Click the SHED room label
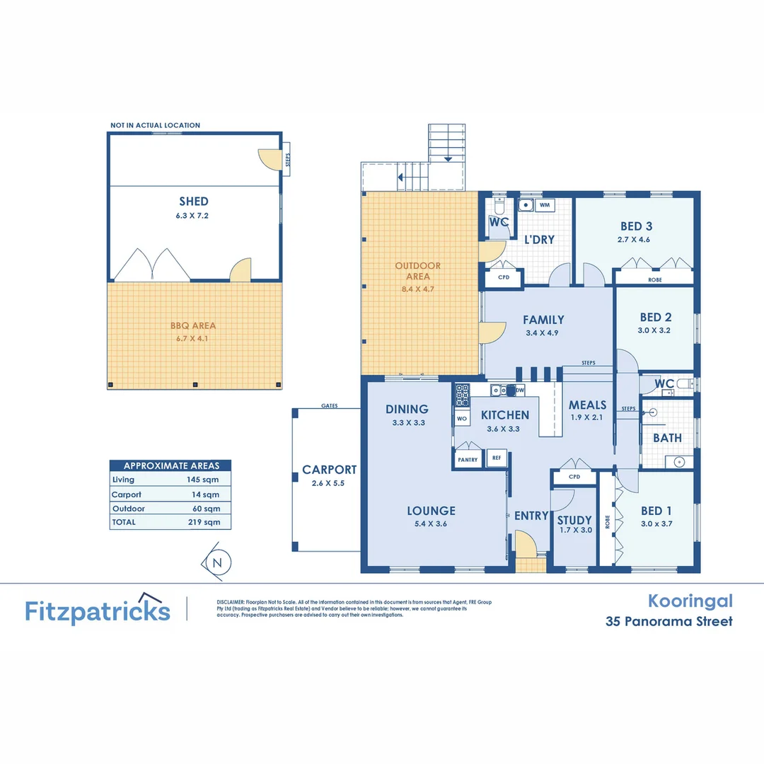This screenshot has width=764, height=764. (x=193, y=202)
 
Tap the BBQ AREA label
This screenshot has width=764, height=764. (x=193, y=326)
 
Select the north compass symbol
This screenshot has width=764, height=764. (x=217, y=562)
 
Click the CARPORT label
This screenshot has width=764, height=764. (x=329, y=470)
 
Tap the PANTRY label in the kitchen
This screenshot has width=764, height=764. (x=468, y=460)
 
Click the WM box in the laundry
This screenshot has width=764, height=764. (x=544, y=205)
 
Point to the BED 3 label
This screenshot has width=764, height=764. (x=636, y=226)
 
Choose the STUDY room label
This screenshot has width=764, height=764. (x=574, y=520)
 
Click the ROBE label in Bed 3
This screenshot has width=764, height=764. (x=655, y=280)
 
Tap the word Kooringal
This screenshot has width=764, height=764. (x=690, y=601)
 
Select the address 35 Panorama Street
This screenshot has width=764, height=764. (x=668, y=622)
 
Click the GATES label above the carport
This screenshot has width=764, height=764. (x=329, y=406)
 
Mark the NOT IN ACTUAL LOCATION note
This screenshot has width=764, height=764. (x=155, y=125)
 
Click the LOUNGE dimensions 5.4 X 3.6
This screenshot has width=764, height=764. (x=431, y=524)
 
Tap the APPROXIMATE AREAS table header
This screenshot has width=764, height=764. (x=170, y=465)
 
